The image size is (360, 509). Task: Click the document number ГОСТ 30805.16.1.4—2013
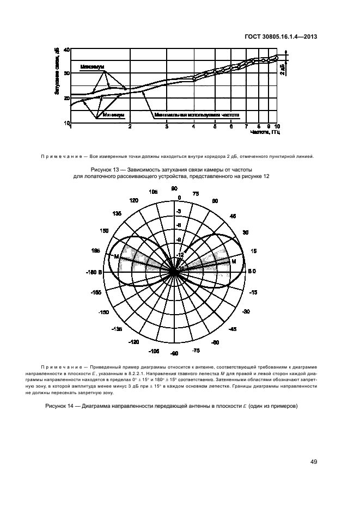(281, 37)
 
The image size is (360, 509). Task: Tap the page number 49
(314, 462)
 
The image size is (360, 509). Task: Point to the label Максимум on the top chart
(93, 67)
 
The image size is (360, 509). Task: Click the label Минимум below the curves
(113, 115)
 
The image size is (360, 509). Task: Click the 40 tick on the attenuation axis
(67, 50)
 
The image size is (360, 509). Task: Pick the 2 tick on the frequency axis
(130, 126)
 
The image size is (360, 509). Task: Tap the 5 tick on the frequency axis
(215, 126)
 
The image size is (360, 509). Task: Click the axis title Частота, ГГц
(265, 132)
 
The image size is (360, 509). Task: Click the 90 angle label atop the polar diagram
(174, 188)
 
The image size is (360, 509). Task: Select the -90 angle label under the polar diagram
(174, 354)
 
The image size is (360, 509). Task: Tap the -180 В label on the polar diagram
(94, 271)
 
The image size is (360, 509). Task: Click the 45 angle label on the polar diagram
(233, 217)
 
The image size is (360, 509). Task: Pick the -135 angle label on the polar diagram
(117, 330)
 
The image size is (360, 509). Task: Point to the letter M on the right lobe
(233, 262)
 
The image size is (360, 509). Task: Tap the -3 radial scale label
(178, 210)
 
